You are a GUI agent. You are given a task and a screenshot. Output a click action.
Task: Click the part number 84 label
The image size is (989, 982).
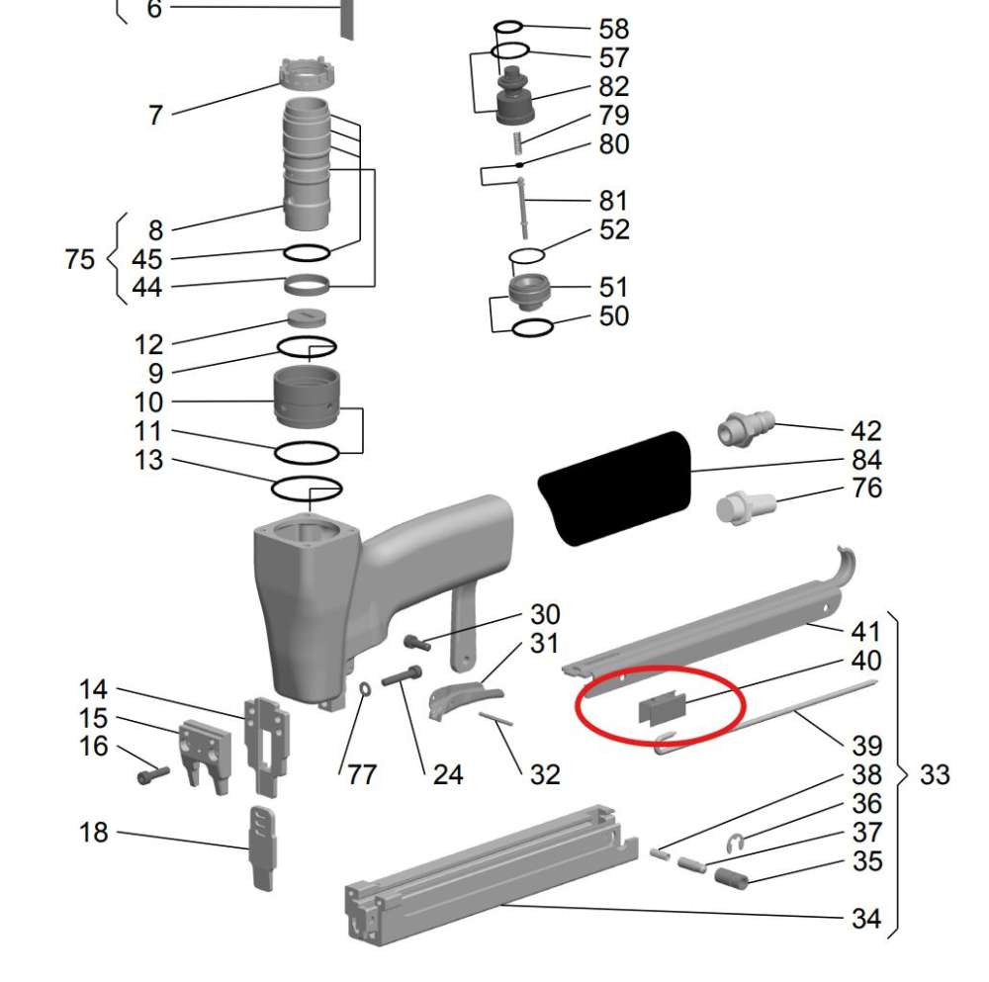point(866,460)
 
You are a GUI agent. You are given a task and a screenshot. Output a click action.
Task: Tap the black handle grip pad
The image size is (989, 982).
point(614,487)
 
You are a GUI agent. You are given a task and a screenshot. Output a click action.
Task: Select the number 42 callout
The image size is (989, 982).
point(866,431)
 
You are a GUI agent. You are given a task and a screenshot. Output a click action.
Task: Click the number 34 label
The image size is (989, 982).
point(866,919)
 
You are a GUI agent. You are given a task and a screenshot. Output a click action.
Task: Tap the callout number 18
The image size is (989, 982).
point(94,833)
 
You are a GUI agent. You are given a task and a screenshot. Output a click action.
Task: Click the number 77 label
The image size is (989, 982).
point(362,774)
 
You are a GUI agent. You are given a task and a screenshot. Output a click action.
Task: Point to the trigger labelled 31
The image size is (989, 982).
point(462,696)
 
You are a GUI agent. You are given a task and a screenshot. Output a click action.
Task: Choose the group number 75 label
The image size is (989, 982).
point(80,259)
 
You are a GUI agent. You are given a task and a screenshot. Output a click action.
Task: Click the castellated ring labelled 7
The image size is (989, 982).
point(309,75)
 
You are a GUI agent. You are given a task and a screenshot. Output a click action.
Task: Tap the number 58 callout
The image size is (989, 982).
point(614,29)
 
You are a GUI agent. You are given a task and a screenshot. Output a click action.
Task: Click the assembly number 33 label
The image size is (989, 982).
point(935,774)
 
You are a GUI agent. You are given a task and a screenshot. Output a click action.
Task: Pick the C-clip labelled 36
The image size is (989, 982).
point(733,842)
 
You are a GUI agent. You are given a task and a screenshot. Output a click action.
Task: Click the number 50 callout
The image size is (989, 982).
point(614,316)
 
